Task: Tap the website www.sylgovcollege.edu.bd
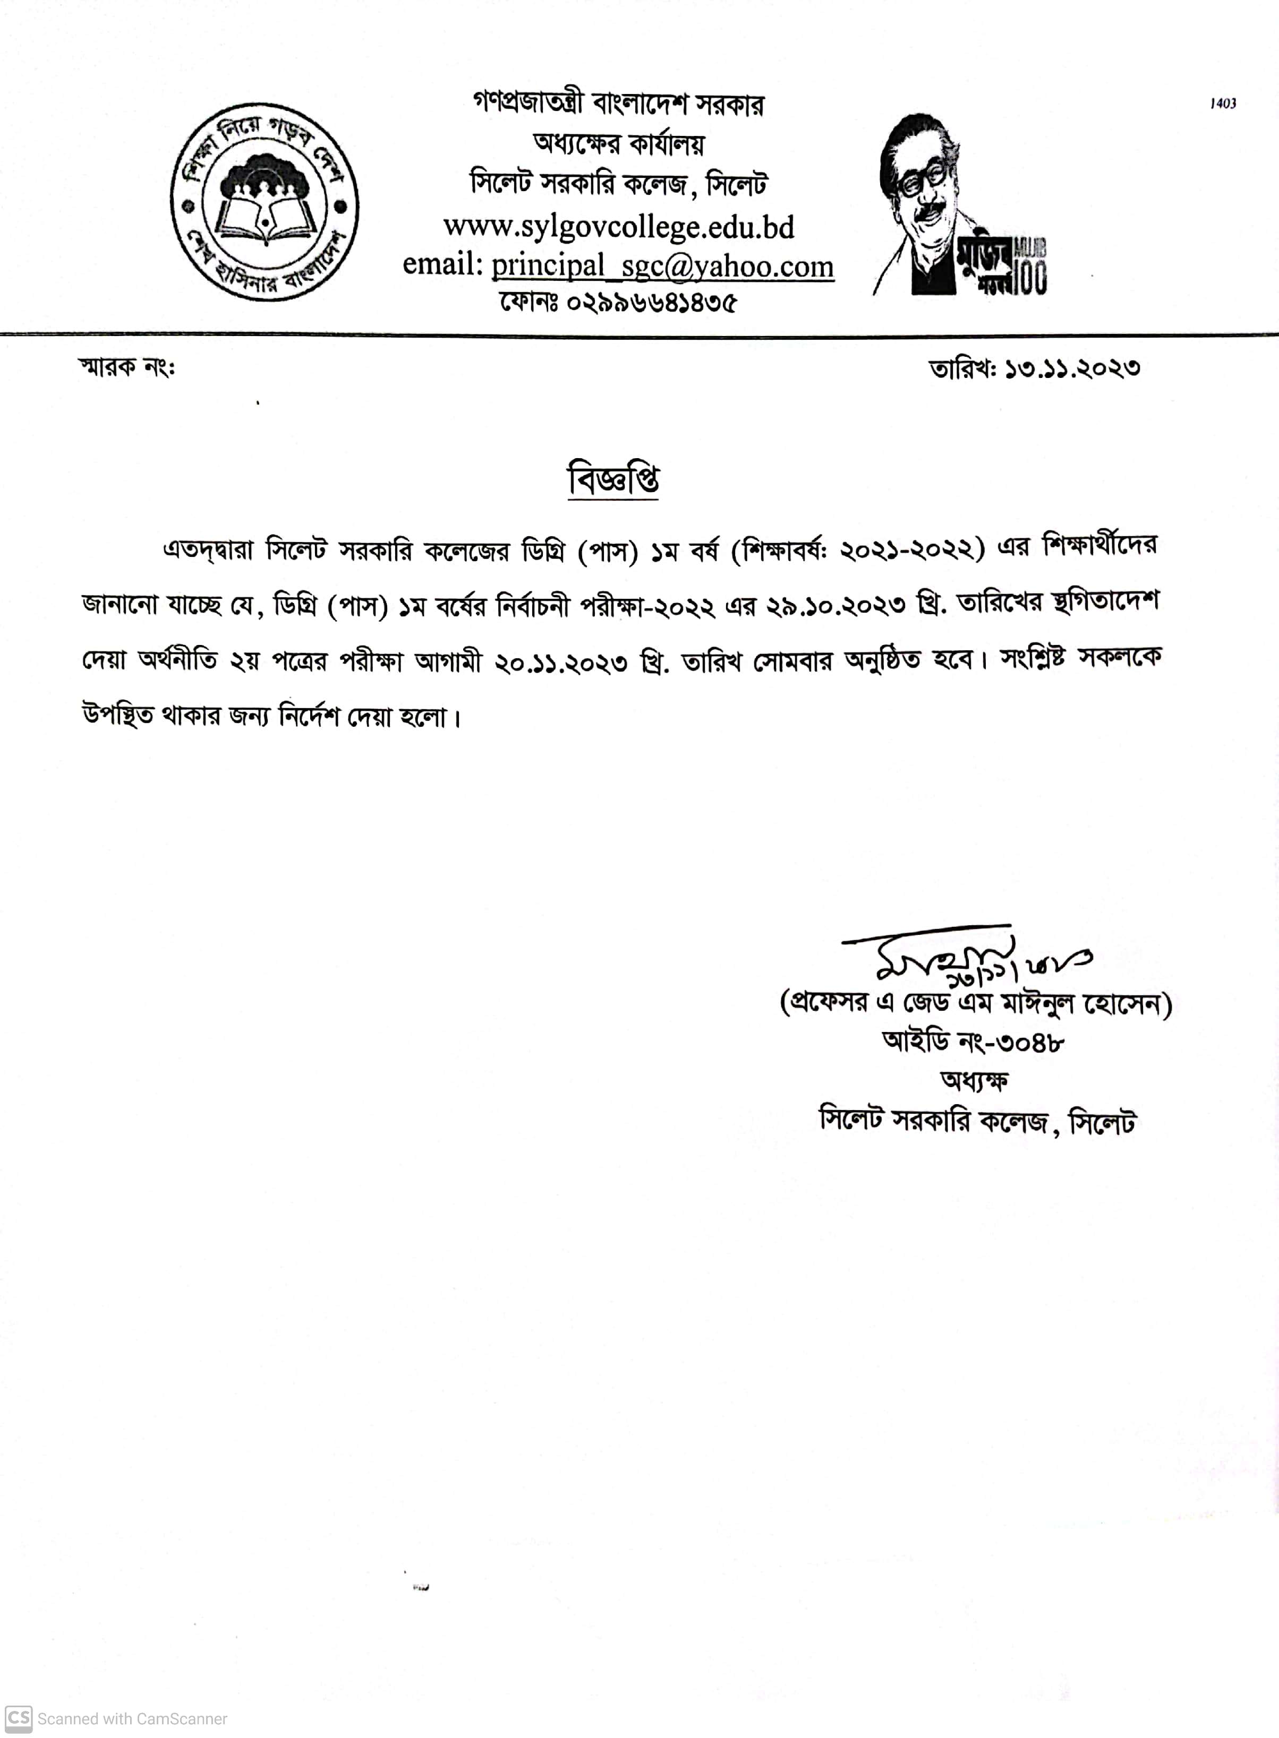(x=619, y=227)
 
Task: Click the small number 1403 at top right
(x=1223, y=104)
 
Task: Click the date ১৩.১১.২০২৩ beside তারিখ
(x=1072, y=368)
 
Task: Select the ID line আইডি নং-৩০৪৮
(x=973, y=1042)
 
